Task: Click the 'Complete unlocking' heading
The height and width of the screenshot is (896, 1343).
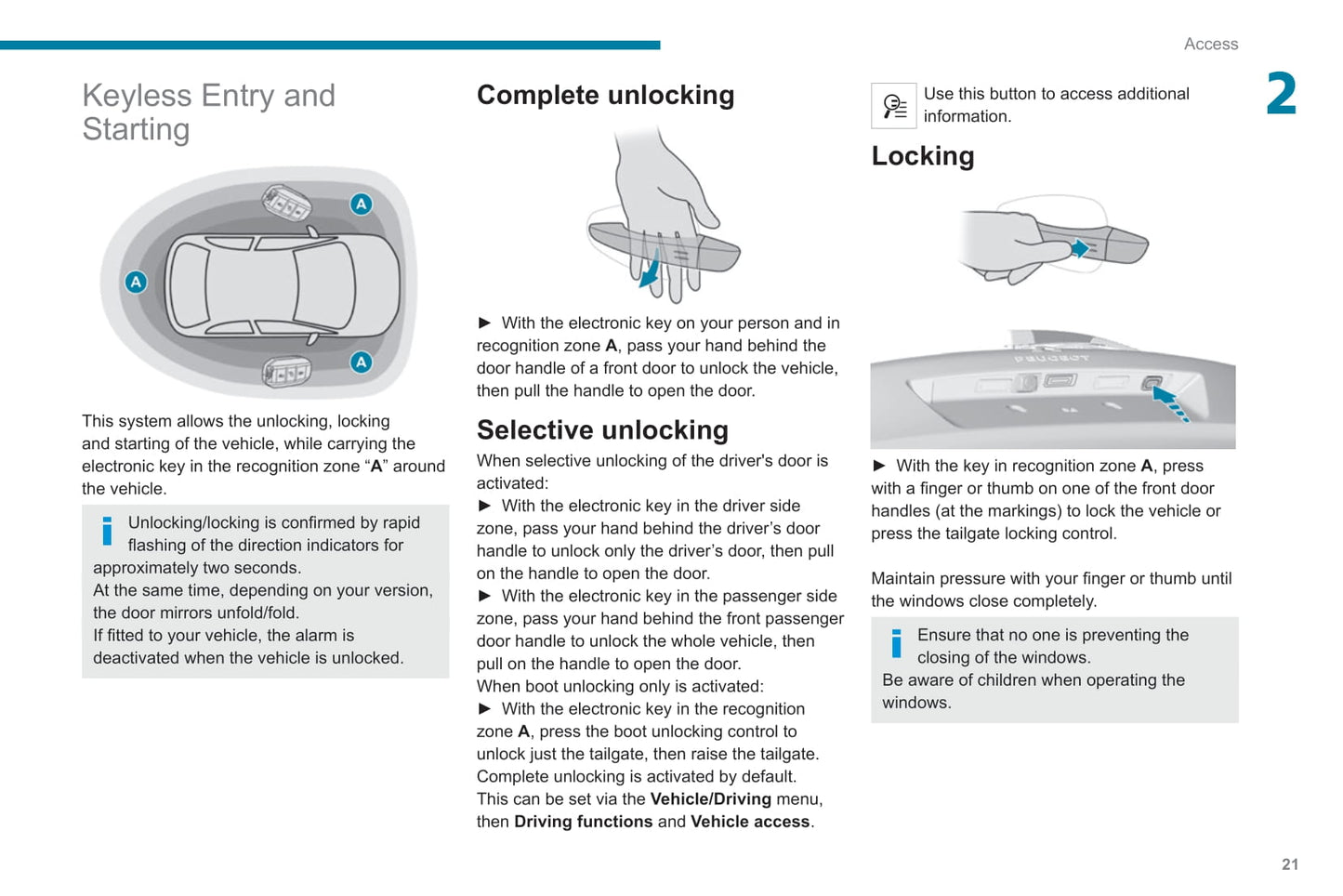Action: (x=606, y=96)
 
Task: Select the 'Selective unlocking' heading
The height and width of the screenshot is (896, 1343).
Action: (x=602, y=430)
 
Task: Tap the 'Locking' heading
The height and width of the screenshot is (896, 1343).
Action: (x=923, y=156)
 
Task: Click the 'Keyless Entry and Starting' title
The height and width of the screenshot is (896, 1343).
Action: (x=208, y=112)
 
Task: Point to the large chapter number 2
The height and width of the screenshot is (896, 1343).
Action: (x=1282, y=93)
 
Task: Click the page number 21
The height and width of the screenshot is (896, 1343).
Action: (x=1290, y=864)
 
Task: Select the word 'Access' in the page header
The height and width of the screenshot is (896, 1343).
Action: (x=1210, y=44)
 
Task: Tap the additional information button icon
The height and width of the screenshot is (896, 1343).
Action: (x=893, y=106)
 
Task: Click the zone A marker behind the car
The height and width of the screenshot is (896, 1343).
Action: (x=136, y=282)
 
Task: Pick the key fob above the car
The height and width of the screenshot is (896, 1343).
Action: (x=286, y=202)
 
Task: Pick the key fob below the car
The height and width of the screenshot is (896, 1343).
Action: (x=286, y=372)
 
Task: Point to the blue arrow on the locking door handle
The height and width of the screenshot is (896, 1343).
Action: (x=1080, y=248)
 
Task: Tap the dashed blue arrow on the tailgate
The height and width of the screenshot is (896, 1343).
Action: (x=1170, y=404)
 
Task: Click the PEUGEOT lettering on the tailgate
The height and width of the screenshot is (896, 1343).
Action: (x=1051, y=358)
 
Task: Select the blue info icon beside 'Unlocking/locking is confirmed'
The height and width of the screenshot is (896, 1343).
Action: (x=107, y=531)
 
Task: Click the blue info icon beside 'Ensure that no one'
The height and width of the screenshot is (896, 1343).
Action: (x=896, y=643)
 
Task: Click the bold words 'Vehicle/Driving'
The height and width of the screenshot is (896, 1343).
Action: (x=710, y=798)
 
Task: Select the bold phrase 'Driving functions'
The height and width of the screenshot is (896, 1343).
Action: (x=584, y=822)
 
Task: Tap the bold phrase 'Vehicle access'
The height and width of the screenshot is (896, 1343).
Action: (x=750, y=822)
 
